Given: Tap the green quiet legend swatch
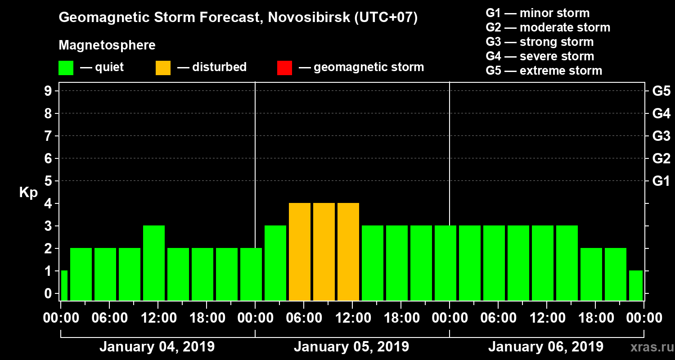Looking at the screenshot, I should pyautogui.click(x=66, y=68).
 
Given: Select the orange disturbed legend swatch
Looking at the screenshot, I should pyautogui.click(x=163, y=68).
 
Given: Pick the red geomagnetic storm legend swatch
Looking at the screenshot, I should pyautogui.click(x=284, y=68).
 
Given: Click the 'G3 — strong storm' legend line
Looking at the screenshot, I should pyautogui.click(x=540, y=42).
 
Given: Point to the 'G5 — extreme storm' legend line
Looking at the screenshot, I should pyautogui.click(x=544, y=71).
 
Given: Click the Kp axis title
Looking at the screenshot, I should pyautogui.click(x=28, y=193).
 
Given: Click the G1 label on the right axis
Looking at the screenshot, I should pyautogui.click(x=661, y=181).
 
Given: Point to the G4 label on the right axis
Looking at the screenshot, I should pyautogui.click(x=661, y=113).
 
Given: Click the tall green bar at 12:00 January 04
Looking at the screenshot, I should pyautogui.click(x=154, y=263).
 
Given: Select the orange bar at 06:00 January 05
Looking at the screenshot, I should pyautogui.click(x=300, y=252).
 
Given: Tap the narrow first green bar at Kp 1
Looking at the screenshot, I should pyautogui.click(x=64, y=285).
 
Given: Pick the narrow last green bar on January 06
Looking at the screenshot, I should pyautogui.click(x=635, y=285).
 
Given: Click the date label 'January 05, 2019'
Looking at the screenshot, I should pyautogui.click(x=351, y=347).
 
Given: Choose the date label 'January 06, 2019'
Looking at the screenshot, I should pyautogui.click(x=545, y=347).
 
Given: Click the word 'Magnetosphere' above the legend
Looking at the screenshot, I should pyautogui.click(x=107, y=45).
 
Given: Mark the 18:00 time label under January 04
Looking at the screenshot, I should pyautogui.click(x=206, y=318).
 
